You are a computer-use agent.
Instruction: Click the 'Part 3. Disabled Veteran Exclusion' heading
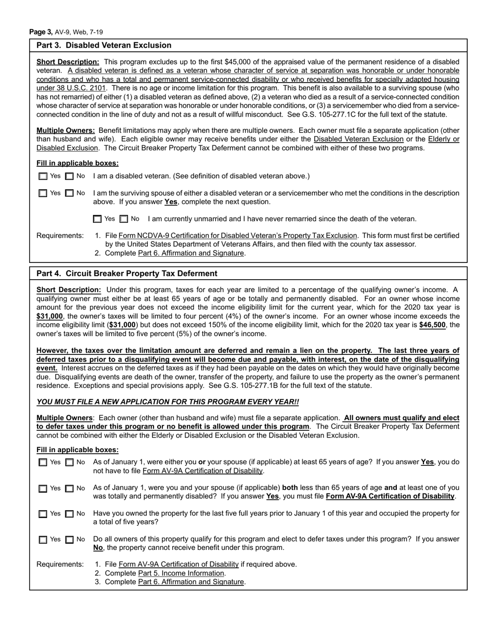click(104, 45)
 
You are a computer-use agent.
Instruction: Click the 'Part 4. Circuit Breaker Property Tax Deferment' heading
click(127, 273)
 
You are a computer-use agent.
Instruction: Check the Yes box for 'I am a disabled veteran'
click(43, 177)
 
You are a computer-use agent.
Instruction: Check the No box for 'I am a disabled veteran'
click(69, 177)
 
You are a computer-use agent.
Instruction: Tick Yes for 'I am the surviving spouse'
click(43, 193)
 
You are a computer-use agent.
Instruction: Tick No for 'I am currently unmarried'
click(124, 219)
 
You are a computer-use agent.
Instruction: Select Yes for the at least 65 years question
click(43, 463)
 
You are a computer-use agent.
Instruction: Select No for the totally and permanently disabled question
click(69, 488)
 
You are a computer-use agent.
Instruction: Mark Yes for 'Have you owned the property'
click(43, 514)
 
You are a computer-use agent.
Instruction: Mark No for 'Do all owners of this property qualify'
click(69, 539)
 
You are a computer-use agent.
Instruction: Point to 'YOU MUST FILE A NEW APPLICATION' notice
click(168, 402)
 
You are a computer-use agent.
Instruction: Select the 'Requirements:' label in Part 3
click(60, 236)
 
